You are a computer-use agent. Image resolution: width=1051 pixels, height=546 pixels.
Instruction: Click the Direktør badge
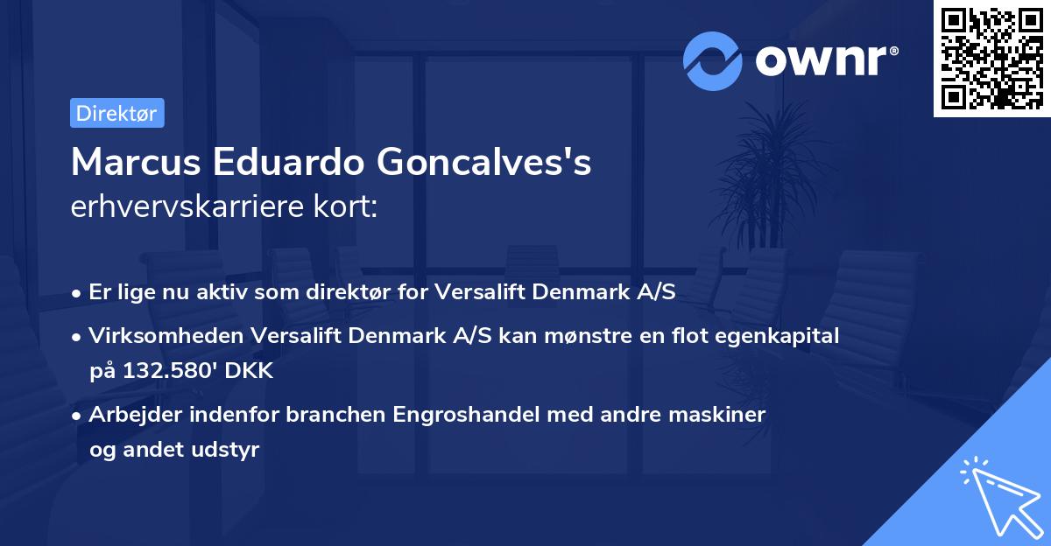click(x=116, y=113)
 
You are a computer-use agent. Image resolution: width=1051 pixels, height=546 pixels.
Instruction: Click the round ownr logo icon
click(x=712, y=61)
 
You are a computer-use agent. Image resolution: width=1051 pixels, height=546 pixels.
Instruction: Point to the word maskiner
click(x=723, y=414)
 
